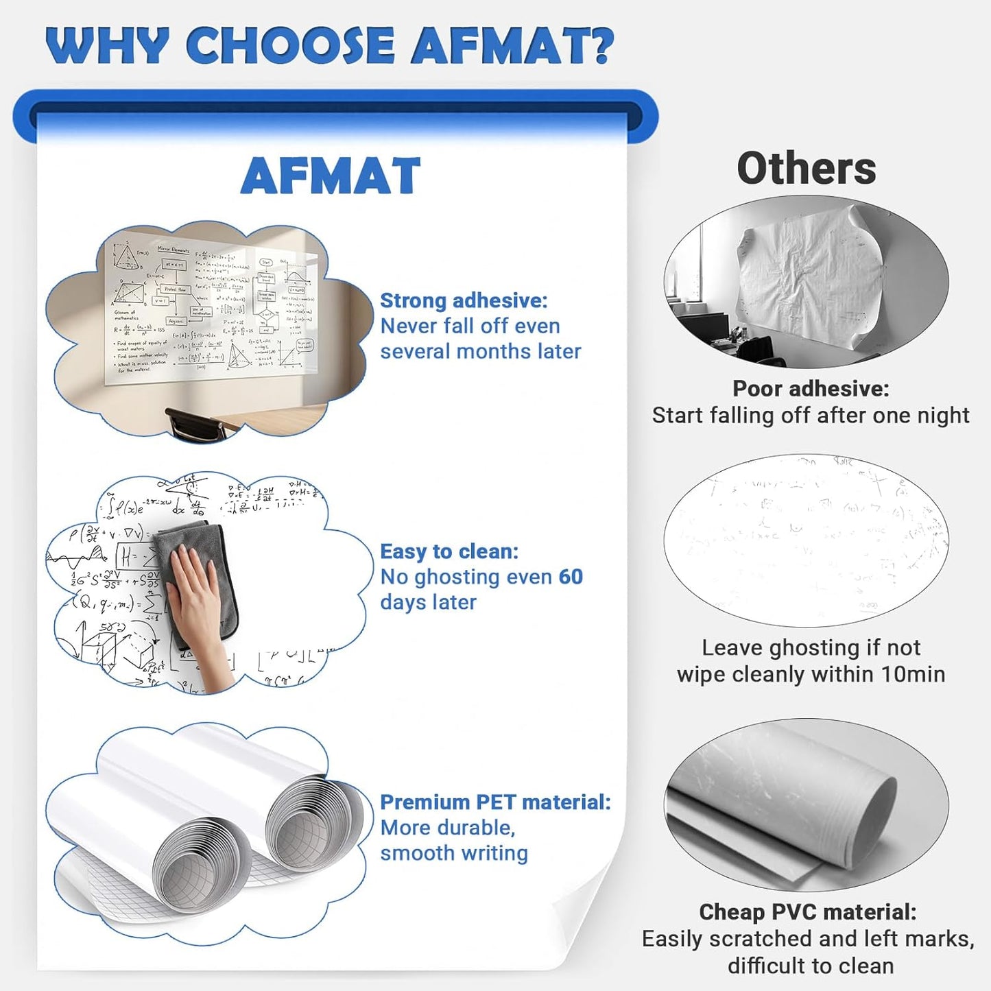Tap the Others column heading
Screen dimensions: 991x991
click(806, 169)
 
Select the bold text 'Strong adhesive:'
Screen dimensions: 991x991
click(464, 300)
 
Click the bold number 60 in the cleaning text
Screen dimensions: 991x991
click(571, 577)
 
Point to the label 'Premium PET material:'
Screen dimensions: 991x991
click(495, 802)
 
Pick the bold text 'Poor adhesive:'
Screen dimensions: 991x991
click(811, 388)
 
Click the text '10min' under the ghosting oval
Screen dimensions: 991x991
click(913, 674)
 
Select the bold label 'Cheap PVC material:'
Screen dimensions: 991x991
click(807, 911)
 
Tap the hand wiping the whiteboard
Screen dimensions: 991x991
click(202, 604)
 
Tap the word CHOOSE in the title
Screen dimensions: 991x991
click(290, 45)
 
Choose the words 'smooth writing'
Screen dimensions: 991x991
click(454, 853)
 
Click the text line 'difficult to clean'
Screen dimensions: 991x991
click(811, 966)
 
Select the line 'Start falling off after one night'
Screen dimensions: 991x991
click(811, 415)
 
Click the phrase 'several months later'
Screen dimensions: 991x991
click(481, 351)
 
